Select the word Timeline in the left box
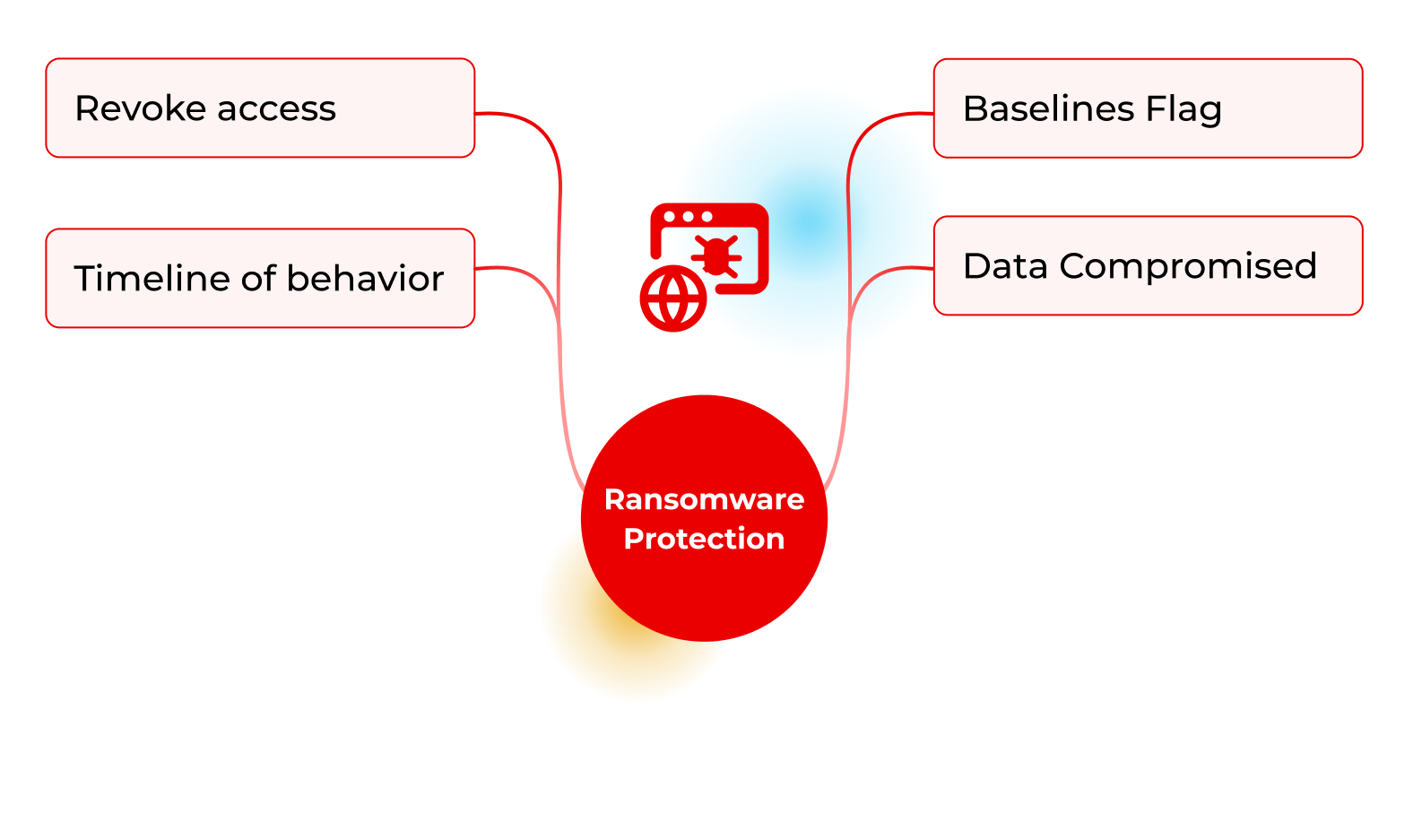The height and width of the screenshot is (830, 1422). point(152,279)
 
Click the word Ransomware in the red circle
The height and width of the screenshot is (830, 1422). point(704,499)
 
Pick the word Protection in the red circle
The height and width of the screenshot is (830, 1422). point(704,539)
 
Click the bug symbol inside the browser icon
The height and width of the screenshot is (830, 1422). point(717,255)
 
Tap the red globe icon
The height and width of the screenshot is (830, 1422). point(673,298)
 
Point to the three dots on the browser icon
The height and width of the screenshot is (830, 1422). point(689,217)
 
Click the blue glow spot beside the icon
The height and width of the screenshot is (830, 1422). point(811,220)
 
